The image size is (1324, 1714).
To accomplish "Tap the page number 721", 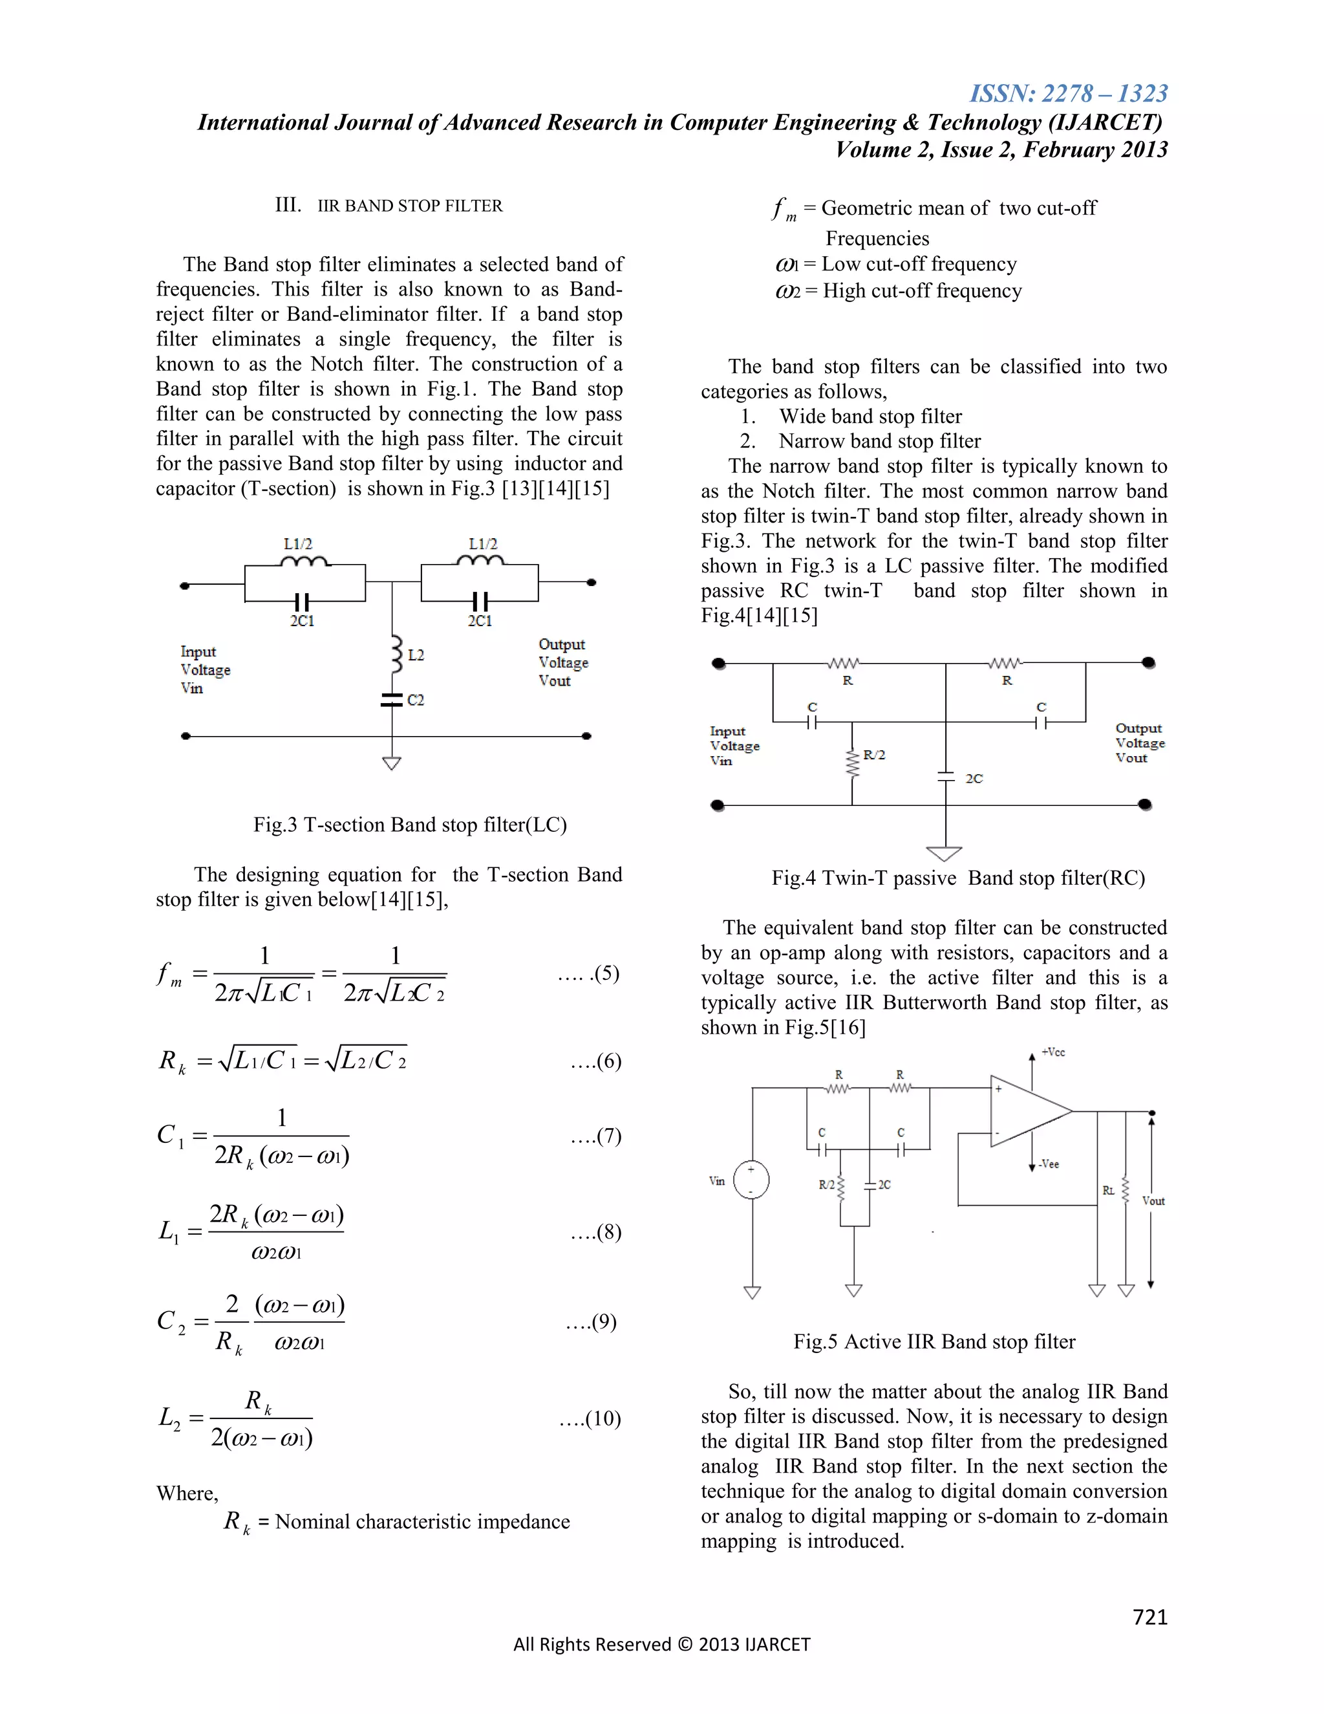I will point(1150,1617).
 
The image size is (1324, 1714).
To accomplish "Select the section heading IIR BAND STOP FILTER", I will point(409,206).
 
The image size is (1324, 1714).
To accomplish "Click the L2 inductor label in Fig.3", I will point(416,655).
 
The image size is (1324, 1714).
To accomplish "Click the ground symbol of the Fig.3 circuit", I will point(391,763).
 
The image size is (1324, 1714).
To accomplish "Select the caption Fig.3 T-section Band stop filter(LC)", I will point(409,825).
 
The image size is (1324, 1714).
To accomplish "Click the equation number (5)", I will point(606,973).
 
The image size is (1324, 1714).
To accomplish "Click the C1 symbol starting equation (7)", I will point(170,1136).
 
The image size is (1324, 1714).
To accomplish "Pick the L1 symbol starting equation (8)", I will point(169,1231).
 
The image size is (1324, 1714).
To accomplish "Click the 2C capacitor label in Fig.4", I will point(974,779).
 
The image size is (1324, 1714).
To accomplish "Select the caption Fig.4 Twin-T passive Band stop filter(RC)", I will point(957,878).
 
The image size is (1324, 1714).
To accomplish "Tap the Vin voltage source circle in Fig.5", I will point(751,1180).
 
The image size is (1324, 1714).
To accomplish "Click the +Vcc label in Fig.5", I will point(1052,1052).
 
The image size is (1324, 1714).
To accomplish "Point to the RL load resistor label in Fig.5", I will point(1108,1191).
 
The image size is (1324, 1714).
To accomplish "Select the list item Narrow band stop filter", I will point(879,441).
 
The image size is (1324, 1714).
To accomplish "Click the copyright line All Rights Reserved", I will point(661,1644).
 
